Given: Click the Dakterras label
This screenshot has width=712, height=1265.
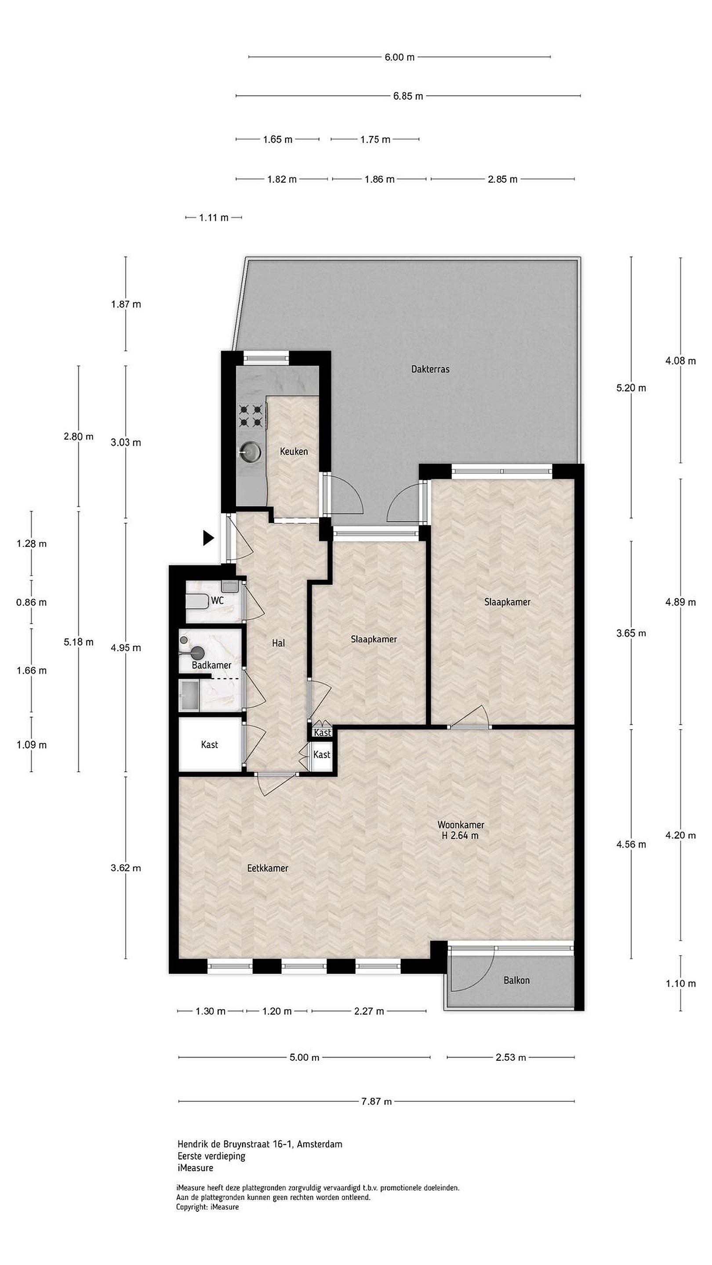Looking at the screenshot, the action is click(x=430, y=369).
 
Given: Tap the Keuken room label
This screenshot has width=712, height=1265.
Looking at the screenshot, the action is click(x=294, y=451).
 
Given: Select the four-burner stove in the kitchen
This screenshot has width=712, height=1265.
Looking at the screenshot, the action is click(x=250, y=416).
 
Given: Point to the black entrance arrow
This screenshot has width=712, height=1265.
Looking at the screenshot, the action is click(x=209, y=538).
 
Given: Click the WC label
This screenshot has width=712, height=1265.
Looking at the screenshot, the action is click(x=217, y=600).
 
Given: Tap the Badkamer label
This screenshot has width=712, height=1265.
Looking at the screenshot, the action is click(x=211, y=665).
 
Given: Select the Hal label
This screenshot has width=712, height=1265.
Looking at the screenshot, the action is click(x=278, y=643).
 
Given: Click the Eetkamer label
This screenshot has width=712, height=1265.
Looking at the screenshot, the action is click(x=267, y=868).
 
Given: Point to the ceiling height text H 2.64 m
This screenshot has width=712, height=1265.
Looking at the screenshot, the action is click(x=459, y=835).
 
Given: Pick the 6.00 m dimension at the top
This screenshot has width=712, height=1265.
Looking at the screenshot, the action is click(x=400, y=57).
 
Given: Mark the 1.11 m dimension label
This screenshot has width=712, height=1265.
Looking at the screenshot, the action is click(x=214, y=217).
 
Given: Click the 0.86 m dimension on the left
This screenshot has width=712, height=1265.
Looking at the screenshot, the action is click(x=32, y=602).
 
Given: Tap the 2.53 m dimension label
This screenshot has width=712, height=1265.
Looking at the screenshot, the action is click(x=511, y=1057).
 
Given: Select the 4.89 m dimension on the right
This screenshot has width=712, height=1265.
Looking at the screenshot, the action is click(x=680, y=602).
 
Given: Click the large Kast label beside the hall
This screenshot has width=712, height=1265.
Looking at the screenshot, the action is click(x=209, y=745).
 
